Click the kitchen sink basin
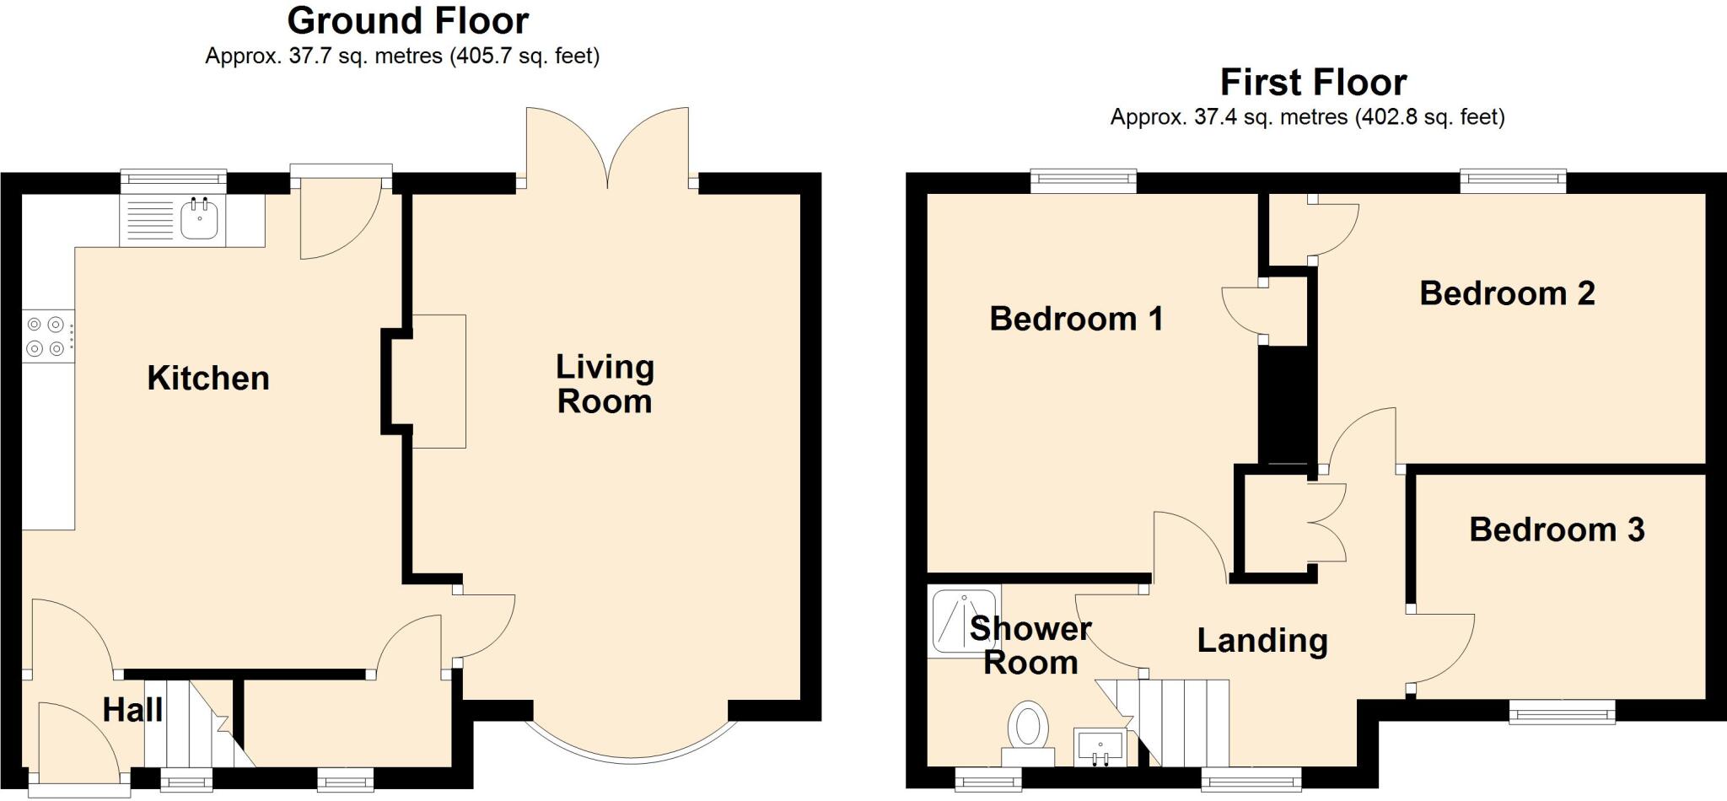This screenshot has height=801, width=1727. point(200,219)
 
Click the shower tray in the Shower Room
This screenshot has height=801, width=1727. point(963,621)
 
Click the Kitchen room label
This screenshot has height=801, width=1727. point(208,378)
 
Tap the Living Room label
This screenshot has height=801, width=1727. point(605,384)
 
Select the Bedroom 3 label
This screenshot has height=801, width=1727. point(1557,530)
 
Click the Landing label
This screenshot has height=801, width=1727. point(1262,641)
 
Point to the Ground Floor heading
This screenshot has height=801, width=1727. point(407,20)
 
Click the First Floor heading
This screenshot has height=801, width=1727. point(1313,83)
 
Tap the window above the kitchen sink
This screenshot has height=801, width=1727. point(174,178)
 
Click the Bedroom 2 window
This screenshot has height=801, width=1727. point(1513,178)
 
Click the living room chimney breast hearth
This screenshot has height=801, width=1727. point(438,381)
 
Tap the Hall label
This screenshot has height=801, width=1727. point(132,710)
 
